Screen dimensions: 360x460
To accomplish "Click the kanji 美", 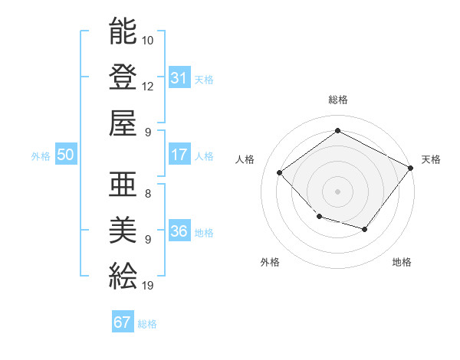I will [123, 229].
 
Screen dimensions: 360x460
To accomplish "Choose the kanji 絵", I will [123, 274].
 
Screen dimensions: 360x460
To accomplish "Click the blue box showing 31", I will [179, 77].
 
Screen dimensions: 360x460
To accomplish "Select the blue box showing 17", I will [179, 155].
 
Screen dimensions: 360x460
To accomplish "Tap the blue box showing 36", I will [179, 231].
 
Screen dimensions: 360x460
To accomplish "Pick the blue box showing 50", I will [65, 155].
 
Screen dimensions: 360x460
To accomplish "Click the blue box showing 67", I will [122, 322].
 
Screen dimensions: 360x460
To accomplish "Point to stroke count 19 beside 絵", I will [148, 286].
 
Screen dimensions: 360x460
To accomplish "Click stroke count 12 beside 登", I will [148, 86].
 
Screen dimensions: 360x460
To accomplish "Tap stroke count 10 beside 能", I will [148, 40].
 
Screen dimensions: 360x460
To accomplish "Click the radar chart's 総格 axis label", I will [337, 100].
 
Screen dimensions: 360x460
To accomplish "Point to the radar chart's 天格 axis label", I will [431, 159].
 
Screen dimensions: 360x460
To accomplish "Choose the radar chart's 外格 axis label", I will [270, 262].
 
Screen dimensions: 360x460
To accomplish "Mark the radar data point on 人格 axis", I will [280, 172].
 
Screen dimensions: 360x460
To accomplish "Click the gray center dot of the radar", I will [337, 191].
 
